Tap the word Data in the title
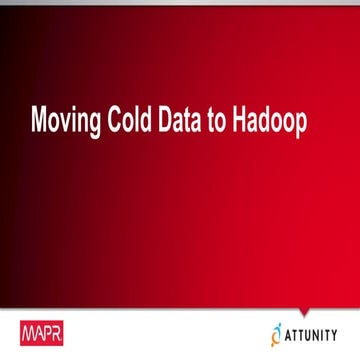[x=185, y=122]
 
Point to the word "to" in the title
[x=223, y=122]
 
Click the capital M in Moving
[x=41, y=122]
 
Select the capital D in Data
[x=169, y=122]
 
